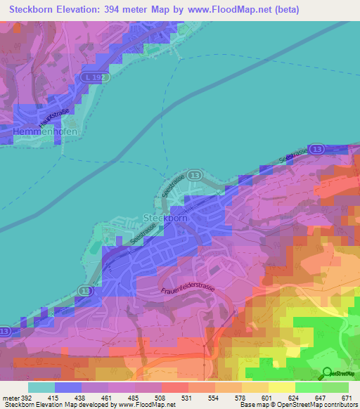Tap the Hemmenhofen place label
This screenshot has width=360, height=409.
click(44, 131)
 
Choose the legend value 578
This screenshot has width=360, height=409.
click(239, 398)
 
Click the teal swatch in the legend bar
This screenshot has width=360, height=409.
click(41, 387)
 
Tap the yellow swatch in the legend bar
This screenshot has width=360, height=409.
click(281, 387)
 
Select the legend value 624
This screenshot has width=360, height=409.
click(294, 398)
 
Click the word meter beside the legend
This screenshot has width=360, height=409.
click(10, 398)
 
